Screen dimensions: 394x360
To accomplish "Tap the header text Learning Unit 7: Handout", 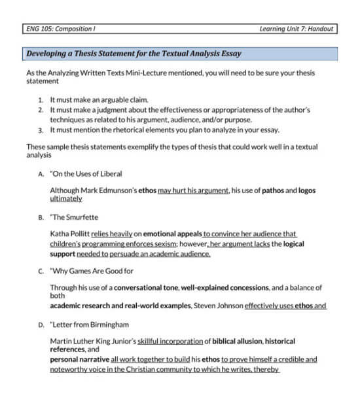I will tap(296, 29).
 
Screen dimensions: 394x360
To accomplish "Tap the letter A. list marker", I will tap(41, 174).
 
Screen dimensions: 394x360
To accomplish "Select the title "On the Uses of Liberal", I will tap(86, 174).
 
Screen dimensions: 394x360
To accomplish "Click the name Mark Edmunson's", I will tap(100, 190).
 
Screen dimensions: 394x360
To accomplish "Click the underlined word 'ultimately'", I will tap(66, 198).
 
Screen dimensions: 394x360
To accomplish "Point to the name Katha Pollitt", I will tap(70, 233).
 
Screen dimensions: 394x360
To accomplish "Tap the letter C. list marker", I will tap(41, 271).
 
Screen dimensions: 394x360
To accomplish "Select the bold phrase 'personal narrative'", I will tap(80, 359).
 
